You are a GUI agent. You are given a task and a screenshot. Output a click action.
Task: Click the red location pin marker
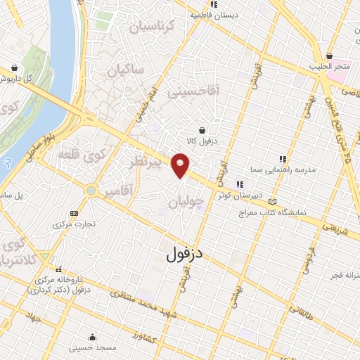(181, 165)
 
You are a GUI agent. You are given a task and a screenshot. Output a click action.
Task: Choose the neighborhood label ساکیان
(126, 70)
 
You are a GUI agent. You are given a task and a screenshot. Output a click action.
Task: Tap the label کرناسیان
(149, 26)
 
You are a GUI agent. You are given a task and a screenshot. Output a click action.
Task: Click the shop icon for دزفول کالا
(203, 130)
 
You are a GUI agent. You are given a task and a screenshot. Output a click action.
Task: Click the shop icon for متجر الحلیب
(329, 56)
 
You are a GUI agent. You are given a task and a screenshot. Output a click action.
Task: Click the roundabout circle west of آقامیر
(91, 190)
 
